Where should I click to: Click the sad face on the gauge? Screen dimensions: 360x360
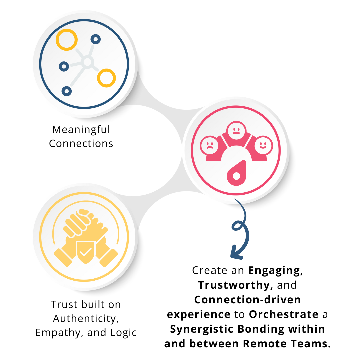(x=209, y=146)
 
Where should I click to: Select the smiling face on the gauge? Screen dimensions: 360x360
(x=263, y=146)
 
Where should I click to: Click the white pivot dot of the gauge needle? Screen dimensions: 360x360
(x=236, y=176)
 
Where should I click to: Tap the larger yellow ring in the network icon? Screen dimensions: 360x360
(x=67, y=40)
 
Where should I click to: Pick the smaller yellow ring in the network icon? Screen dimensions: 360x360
(x=106, y=78)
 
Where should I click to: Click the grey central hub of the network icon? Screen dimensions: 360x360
(x=87, y=62)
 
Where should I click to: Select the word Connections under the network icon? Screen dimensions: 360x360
(x=81, y=144)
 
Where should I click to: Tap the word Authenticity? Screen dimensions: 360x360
(x=86, y=319)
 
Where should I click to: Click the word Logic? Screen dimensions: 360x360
(x=123, y=333)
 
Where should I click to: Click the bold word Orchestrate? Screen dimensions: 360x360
(x=284, y=314)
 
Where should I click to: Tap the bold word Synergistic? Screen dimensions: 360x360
(x=202, y=329)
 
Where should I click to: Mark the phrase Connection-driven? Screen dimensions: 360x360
(x=247, y=300)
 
